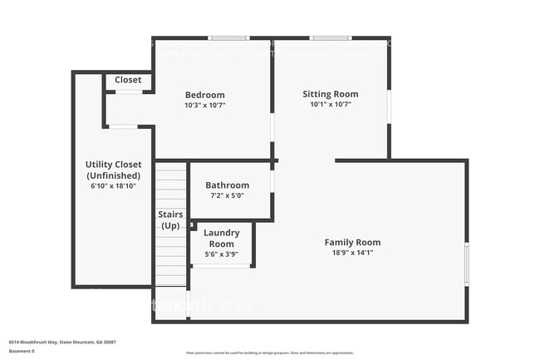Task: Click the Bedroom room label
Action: [x=204, y=95]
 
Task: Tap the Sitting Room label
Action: [x=330, y=94]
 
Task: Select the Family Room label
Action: [x=352, y=242]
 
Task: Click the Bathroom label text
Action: [x=227, y=185]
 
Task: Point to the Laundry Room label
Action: [x=222, y=238]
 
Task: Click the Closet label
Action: [x=128, y=80]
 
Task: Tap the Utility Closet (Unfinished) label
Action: [x=113, y=170]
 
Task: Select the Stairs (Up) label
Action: [x=170, y=220]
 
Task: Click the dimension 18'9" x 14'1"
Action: [x=352, y=253]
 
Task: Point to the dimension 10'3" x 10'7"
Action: [x=204, y=106]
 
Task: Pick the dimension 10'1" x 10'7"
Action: [x=330, y=105]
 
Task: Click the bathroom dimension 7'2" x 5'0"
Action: [x=227, y=196]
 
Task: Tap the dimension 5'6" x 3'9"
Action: [x=222, y=254]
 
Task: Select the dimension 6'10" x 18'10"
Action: [x=113, y=186]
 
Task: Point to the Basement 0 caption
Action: [x=22, y=351]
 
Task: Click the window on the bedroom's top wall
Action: [x=228, y=38]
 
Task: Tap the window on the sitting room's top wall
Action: [x=331, y=38]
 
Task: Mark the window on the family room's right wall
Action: [x=466, y=264]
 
